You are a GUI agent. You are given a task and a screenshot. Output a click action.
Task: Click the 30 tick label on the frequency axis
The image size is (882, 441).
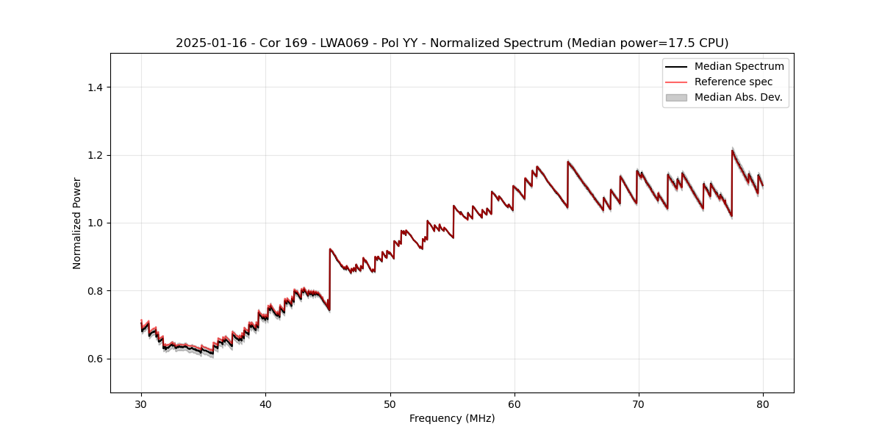[x=141, y=404]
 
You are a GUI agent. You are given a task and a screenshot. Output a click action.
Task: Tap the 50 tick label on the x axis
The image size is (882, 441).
[x=390, y=404]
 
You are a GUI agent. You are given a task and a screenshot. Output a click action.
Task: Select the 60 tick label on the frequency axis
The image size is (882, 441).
[x=514, y=404]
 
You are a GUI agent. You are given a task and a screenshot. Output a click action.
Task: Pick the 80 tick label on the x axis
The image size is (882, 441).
[x=763, y=404]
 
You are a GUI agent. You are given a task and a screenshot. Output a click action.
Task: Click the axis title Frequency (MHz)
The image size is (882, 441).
[x=452, y=418]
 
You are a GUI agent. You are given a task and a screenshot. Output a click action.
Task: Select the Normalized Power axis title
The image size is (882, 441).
[x=77, y=223]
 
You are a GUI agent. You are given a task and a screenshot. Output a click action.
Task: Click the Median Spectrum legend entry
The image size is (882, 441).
[x=739, y=66]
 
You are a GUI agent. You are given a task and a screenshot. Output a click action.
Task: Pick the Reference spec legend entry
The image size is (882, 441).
[x=733, y=82]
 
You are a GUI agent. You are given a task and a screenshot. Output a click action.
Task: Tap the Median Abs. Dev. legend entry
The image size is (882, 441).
[x=738, y=97]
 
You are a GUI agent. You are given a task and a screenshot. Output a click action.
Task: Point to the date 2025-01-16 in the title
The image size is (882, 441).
[x=207, y=43]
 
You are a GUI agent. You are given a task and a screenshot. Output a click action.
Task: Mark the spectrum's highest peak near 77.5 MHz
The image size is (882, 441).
[x=732, y=151]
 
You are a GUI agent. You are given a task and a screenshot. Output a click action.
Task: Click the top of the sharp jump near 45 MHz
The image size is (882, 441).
[x=330, y=248]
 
